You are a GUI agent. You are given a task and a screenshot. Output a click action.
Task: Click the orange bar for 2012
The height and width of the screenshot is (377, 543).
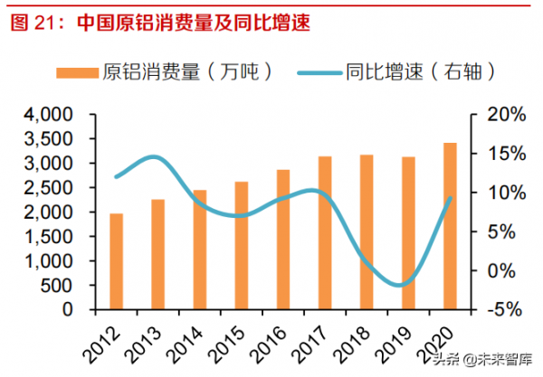[116, 261]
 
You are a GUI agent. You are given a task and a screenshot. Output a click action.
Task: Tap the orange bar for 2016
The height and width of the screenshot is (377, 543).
[282, 240]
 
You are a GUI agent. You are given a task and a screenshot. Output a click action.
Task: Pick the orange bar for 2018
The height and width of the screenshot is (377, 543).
[366, 232]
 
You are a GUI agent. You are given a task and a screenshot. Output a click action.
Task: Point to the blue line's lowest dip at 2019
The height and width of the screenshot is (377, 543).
[405, 285]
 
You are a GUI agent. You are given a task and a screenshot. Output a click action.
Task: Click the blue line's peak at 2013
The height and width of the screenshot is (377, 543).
[156, 157]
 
